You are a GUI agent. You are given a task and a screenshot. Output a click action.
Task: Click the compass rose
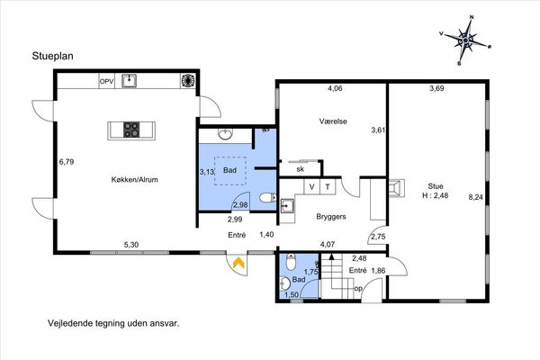(465, 40)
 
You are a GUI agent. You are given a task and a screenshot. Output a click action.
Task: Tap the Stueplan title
(53, 56)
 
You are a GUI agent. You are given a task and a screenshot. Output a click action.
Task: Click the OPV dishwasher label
(107, 82)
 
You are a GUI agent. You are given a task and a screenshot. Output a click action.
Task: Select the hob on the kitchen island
(131, 130)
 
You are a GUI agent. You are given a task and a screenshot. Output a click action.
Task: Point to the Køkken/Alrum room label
(135, 179)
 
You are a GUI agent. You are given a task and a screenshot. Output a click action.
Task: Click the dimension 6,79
(67, 162)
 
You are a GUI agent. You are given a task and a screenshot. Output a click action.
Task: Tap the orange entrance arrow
(238, 263)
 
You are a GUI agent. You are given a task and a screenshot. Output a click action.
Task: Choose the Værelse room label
(333, 121)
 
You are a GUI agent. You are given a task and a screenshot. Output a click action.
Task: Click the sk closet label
(301, 169)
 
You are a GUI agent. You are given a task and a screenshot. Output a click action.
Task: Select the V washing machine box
(312, 186)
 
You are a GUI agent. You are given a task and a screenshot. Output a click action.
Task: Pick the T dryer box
(328, 186)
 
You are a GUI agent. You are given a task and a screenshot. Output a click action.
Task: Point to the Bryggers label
(331, 217)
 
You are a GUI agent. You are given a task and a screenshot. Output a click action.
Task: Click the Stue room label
(436, 186)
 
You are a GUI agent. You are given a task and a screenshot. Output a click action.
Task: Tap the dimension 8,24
(475, 197)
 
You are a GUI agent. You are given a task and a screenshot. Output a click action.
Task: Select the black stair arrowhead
(331, 256)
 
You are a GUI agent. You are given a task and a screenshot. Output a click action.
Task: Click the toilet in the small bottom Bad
(291, 262)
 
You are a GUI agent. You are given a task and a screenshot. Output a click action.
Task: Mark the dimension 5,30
(131, 245)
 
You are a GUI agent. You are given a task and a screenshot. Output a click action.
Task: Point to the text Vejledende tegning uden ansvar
(114, 323)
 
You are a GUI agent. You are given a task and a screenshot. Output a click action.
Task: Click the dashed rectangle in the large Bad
(230, 171)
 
